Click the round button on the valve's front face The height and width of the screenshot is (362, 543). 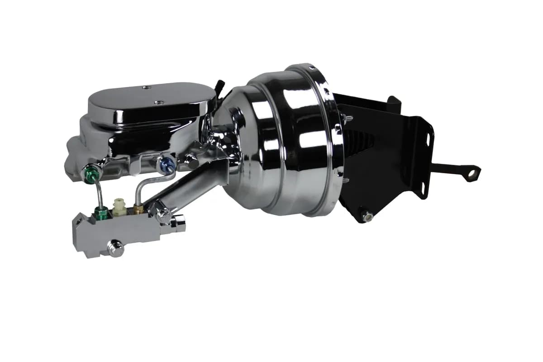pos(115,248)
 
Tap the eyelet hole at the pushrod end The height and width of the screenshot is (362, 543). pos(473,172)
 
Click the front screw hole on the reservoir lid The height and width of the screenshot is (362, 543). pos(158,102)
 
